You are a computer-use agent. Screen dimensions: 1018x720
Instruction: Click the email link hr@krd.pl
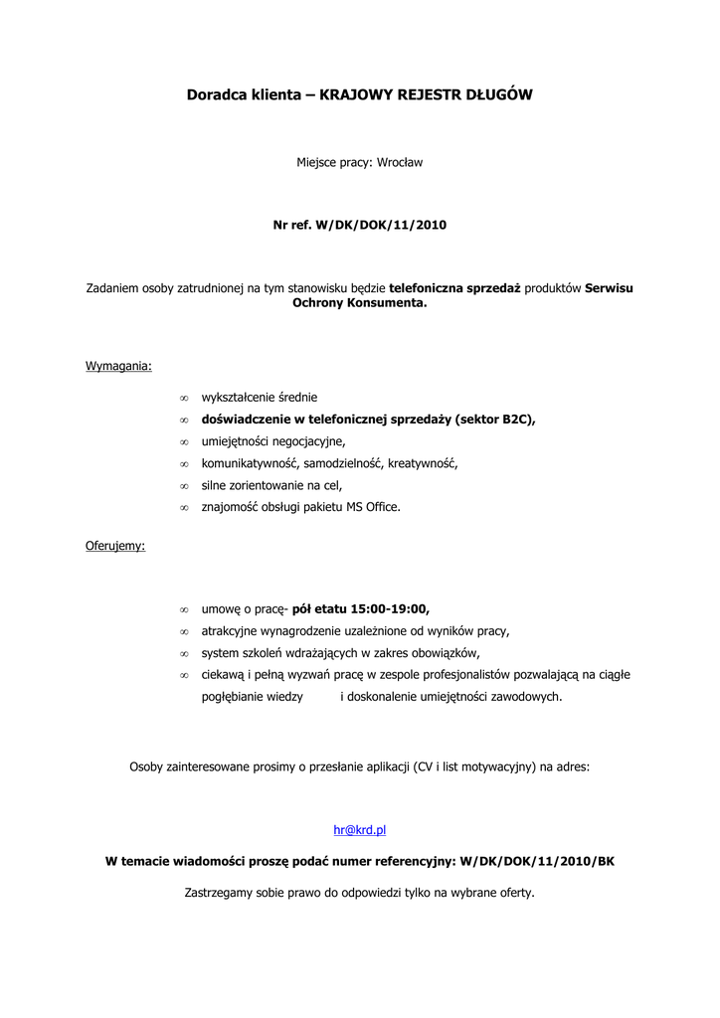(359, 829)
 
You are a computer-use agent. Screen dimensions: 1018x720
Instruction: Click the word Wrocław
(400, 162)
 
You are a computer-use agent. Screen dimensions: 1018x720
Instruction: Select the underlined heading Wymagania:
(118, 366)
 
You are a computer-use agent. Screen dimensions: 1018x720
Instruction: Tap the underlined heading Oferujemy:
(115, 546)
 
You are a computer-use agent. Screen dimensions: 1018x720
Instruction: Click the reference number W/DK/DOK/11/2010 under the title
(381, 226)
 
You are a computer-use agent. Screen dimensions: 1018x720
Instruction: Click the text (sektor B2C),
(495, 420)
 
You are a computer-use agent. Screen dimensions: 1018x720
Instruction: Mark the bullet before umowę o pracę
(184, 610)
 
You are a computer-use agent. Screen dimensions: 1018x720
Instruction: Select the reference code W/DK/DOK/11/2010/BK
(538, 861)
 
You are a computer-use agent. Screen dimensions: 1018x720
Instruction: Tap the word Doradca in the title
(214, 95)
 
